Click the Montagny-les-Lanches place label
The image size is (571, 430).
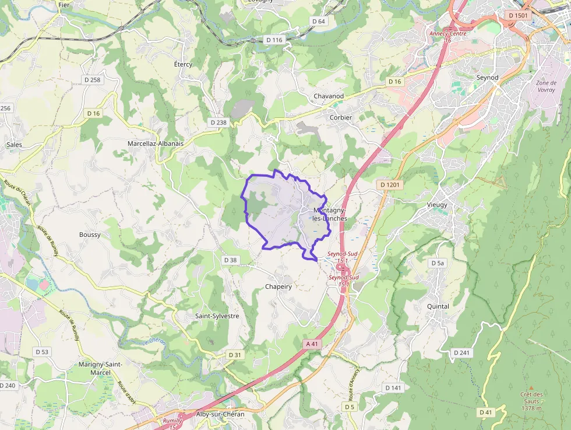[x=330, y=214]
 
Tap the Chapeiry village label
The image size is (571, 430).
[x=279, y=287]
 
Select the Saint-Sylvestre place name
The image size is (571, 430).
[x=217, y=316]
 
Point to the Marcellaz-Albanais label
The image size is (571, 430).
[x=156, y=143]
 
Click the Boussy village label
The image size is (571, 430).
[x=90, y=235]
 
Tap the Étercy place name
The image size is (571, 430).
[x=183, y=64]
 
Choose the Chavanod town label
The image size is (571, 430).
[x=329, y=96]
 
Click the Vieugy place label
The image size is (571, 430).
[x=437, y=205]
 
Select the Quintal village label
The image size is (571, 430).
[x=438, y=306]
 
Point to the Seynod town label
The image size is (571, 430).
[x=488, y=77]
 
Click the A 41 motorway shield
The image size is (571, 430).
[x=313, y=344]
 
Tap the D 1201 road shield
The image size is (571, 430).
[x=391, y=185]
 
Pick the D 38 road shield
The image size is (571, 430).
[x=231, y=260]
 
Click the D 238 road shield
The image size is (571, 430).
[x=217, y=123]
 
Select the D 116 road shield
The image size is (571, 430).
[x=273, y=40]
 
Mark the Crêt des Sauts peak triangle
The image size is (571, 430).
[x=531, y=387]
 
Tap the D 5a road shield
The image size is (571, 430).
[x=438, y=263]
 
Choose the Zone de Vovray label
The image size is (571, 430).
[x=546, y=86]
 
